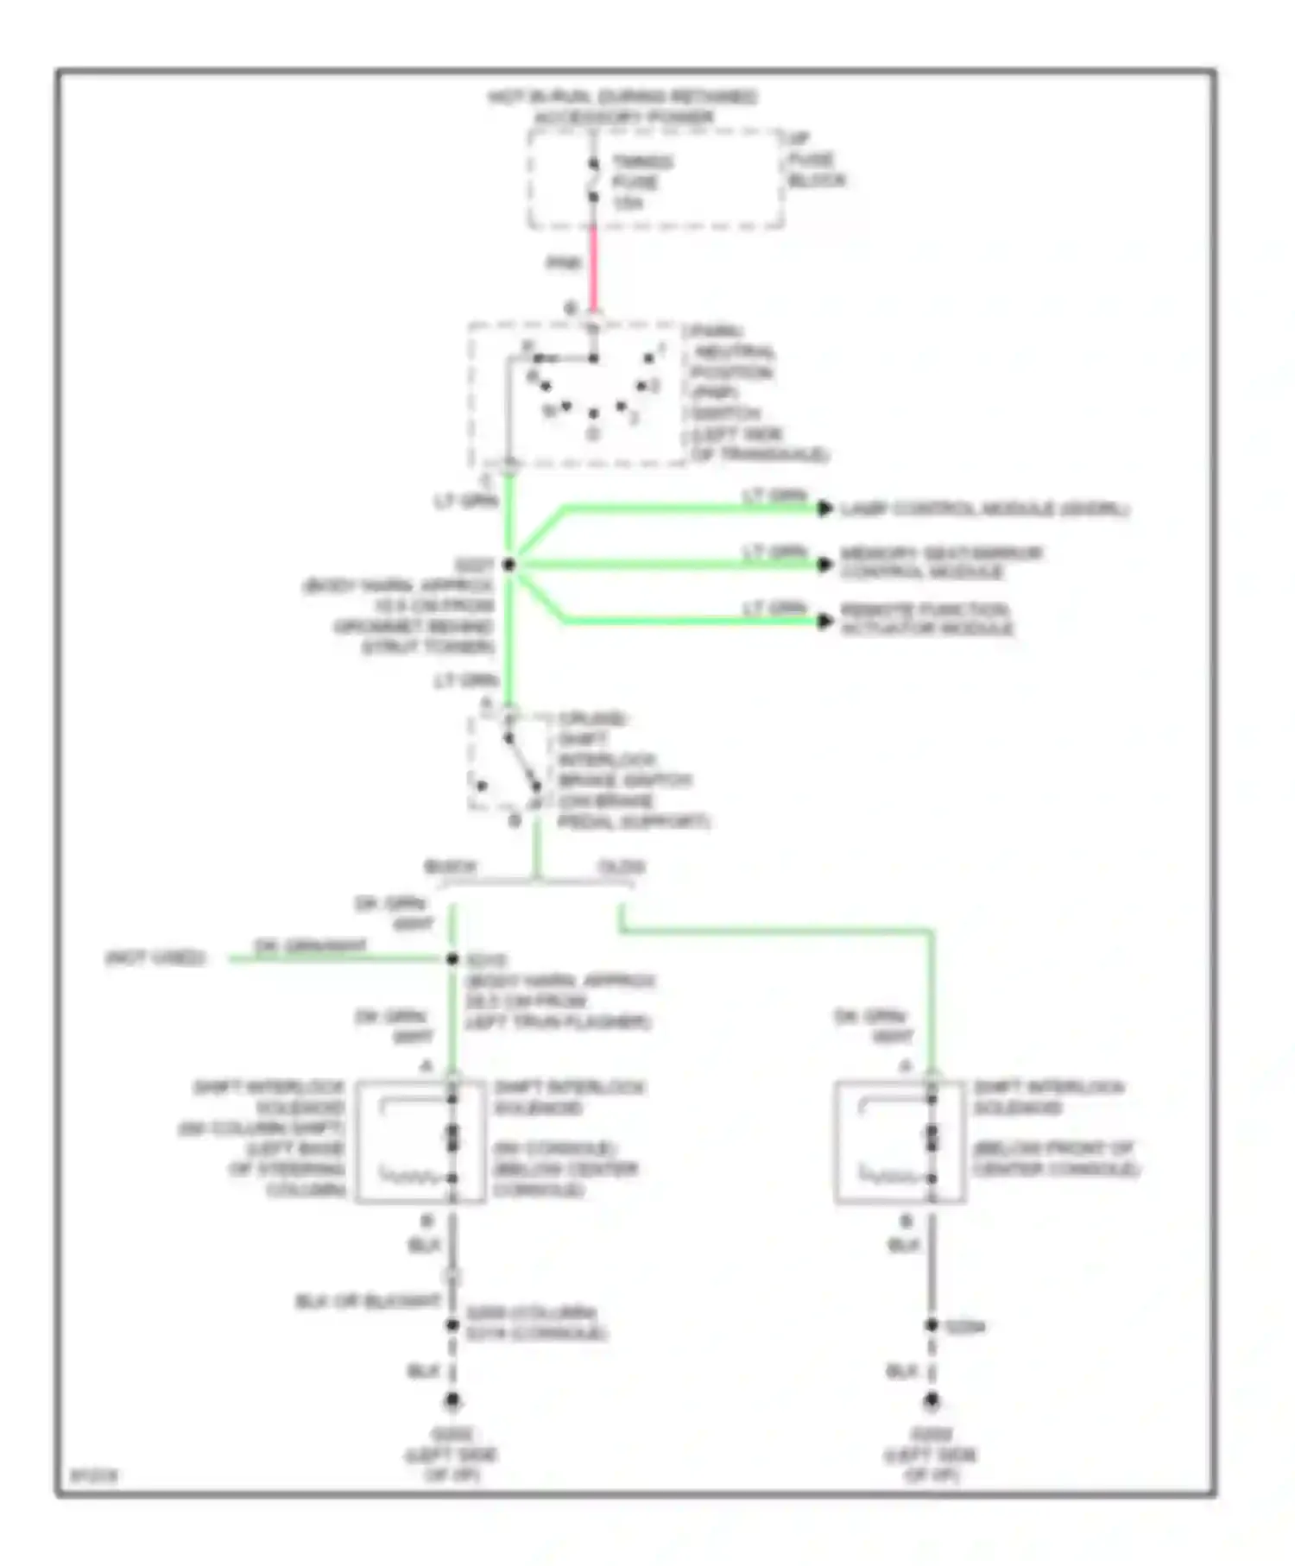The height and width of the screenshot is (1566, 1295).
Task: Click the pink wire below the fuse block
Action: point(593,268)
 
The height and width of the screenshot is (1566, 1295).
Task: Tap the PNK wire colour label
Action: point(564,263)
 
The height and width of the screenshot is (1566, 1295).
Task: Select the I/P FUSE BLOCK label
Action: point(815,160)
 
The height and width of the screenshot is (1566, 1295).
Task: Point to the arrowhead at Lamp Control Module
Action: point(825,508)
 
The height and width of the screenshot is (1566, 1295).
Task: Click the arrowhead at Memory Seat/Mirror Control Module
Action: point(825,565)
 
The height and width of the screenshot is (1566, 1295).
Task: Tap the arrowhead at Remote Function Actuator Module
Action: point(825,621)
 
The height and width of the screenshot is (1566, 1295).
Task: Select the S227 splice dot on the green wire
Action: point(509,565)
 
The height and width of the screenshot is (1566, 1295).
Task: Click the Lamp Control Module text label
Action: point(984,509)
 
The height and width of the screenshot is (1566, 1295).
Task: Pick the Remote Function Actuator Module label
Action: point(926,620)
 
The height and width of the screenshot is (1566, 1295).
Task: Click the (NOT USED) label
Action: point(155,958)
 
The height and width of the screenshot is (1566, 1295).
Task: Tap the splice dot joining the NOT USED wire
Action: point(452,959)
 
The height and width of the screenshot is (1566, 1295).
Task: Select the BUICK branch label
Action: point(450,866)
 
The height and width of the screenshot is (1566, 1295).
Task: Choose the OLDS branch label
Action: point(622,866)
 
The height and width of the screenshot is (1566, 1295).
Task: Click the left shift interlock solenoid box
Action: point(420,1141)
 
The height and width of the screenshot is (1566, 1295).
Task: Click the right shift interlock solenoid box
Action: point(900,1141)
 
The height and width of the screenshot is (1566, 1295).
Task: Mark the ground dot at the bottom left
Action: point(452,1401)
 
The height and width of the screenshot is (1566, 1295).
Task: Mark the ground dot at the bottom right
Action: point(932,1401)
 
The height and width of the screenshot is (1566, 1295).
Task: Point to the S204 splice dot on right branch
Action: point(932,1325)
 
